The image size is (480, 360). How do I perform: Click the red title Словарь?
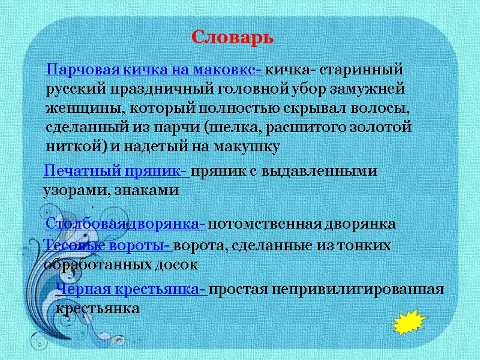pyautogui.click(x=233, y=37)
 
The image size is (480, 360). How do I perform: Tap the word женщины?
pyautogui.click(x=76, y=109)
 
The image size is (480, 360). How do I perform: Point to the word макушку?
pyautogui.click(x=248, y=147)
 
